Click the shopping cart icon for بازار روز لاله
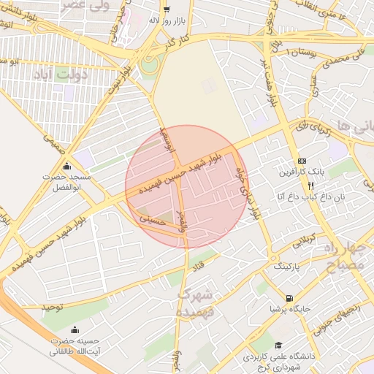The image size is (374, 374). point(167,9)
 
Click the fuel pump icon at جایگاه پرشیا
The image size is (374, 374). point(291,298)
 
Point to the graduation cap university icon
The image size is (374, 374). point(278,345)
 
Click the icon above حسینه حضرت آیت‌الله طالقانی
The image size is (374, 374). point(75,329)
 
